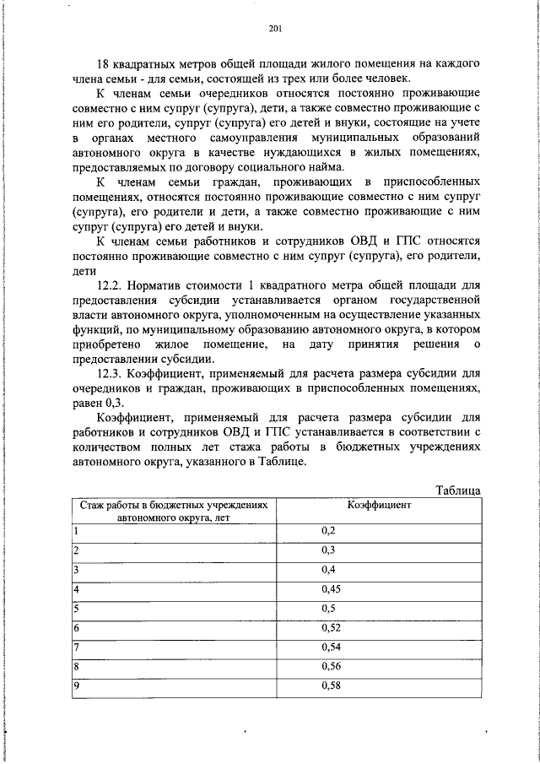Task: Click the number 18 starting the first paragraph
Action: (105, 65)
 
